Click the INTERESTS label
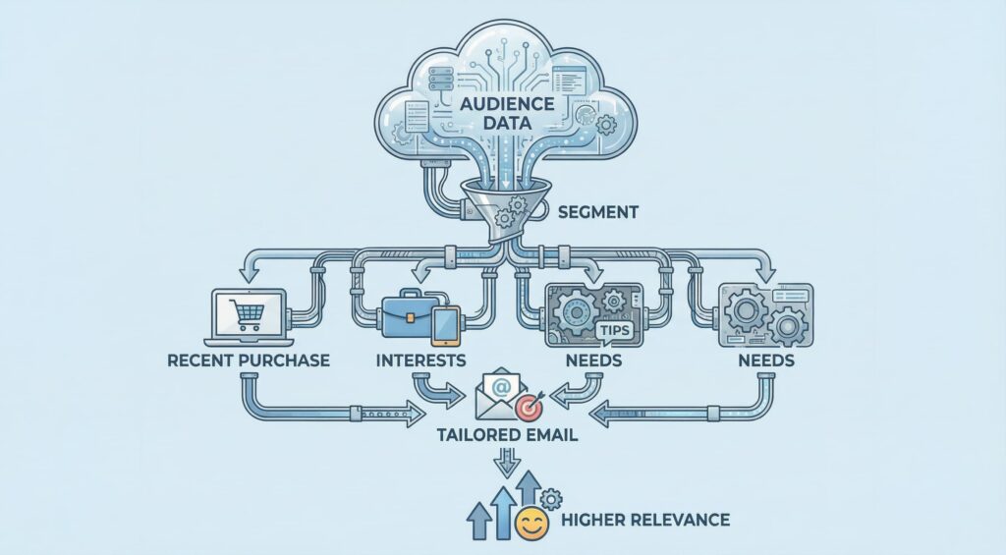click(x=420, y=361)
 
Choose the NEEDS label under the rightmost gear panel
click(x=766, y=361)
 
